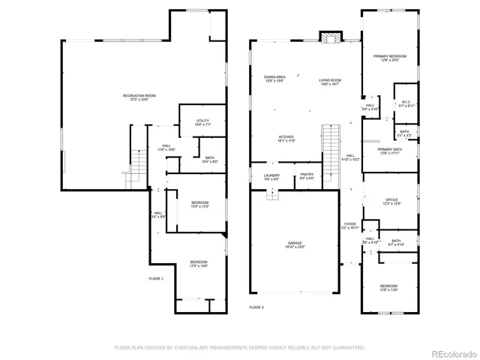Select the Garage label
pyautogui.click(x=295, y=244)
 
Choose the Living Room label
pyautogui.click(x=329, y=82)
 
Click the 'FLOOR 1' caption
pyautogui.click(x=156, y=278)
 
